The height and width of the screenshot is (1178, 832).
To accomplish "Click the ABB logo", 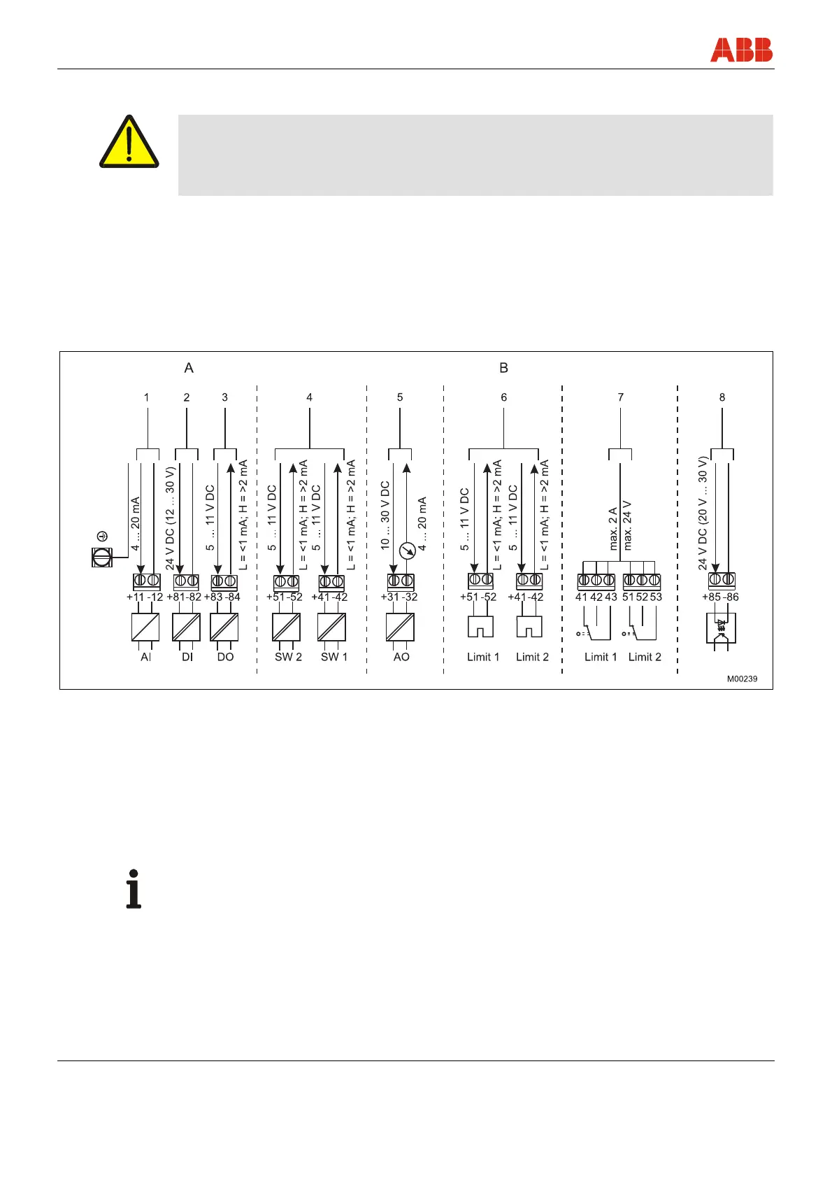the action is coord(741,50).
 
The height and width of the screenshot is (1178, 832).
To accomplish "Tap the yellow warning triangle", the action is coord(129,143).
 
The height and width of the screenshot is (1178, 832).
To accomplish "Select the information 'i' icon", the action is coord(134,889).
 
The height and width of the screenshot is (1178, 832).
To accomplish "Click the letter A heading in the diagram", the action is coord(189,368).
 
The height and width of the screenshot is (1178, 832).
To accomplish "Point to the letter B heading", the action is coord(503,368).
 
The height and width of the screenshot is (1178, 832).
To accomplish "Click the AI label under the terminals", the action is coord(145,657).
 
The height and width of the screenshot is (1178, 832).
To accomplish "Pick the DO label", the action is coord(225,657).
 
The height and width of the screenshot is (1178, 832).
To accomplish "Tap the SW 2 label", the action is coord(288,657).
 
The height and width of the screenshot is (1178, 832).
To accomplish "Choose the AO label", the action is coord(401,657).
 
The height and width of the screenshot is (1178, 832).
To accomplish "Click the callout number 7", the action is coord(620,397).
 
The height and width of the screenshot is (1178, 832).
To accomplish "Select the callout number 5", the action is coord(400,397).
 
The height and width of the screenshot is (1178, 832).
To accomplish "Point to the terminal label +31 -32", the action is coord(399,597).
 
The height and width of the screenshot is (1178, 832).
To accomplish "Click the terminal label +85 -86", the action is coord(720,597).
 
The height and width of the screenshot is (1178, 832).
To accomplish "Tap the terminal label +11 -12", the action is coord(145,597).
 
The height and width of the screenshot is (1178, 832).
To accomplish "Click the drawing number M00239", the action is coord(742,679).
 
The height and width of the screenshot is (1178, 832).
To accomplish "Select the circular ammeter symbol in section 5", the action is coord(407,551).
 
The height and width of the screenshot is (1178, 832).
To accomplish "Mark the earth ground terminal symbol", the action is coord(102,557).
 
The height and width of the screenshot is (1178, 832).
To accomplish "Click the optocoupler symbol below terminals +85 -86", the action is coord(722,628).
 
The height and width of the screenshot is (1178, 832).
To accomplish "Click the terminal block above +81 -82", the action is coord(186,581).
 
